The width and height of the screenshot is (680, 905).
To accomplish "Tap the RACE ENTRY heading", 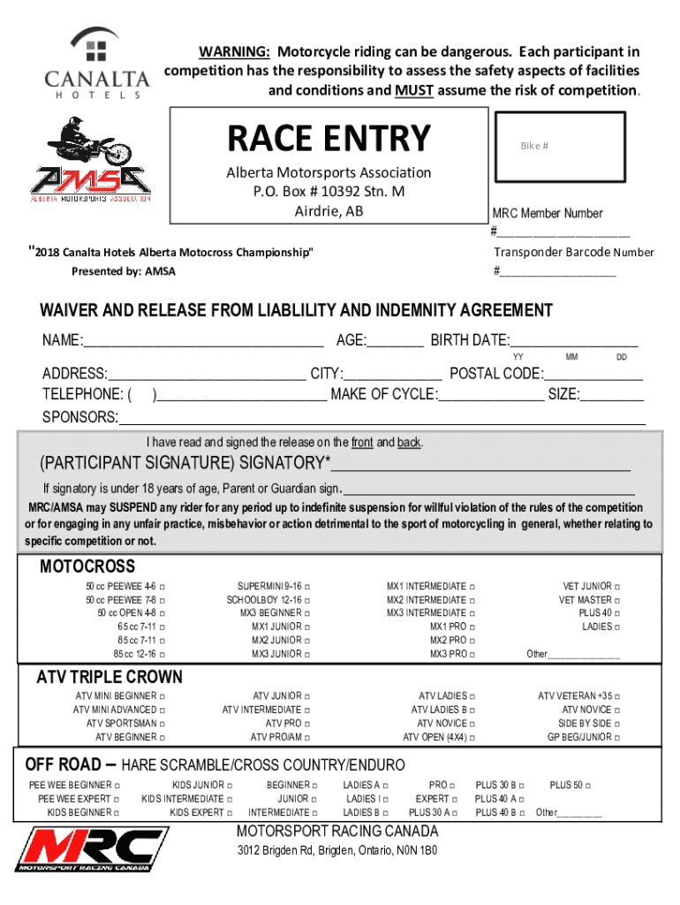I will click(329, 138).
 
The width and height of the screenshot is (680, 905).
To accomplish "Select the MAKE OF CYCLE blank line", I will click(491, 395).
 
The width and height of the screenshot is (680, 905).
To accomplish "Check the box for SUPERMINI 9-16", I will click(307, 587).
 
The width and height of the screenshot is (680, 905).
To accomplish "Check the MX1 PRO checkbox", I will click(473, 627).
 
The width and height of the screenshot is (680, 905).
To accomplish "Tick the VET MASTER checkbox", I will click(617, 600).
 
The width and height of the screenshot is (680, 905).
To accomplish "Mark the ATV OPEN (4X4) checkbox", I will click(473, 737).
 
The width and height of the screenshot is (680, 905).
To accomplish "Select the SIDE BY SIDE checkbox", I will click(617, 724).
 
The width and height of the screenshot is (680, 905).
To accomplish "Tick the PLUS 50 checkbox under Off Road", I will click(588, 785).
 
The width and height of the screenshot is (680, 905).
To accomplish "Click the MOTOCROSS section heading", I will click(87, 567).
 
